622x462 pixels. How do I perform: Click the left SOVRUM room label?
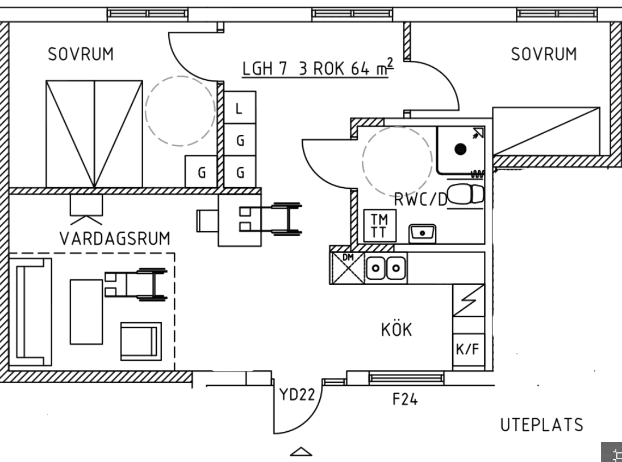click(x=81, y=55)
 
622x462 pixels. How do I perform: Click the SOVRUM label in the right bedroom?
click(x=544, y=55)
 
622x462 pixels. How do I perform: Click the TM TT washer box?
click(x=377, y=226)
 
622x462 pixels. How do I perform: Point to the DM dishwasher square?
click(x=347, y=267)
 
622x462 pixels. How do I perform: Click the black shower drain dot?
click(x=460, y=149)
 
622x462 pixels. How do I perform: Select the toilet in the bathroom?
click(x=466, y=194)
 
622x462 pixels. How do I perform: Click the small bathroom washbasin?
click(x=422, y=232)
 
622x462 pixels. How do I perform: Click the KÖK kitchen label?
click(x=396, y=330)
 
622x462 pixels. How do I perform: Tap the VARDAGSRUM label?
click(x=115, y=239)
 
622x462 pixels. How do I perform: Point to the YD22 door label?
click(x=297, y=394)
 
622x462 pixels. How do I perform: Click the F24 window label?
click(x=405, y=400)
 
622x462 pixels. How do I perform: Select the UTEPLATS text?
click(x=541, y=425)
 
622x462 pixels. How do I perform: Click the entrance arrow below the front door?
click(x=302, y=452)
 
